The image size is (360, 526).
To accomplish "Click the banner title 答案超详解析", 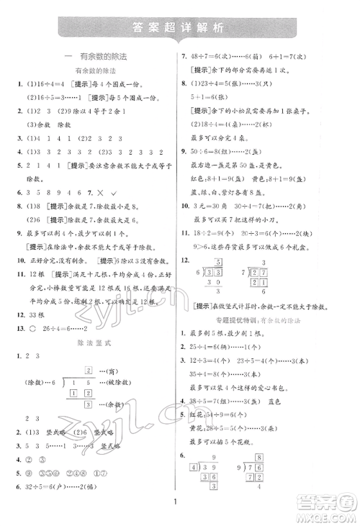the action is (180, 29).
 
